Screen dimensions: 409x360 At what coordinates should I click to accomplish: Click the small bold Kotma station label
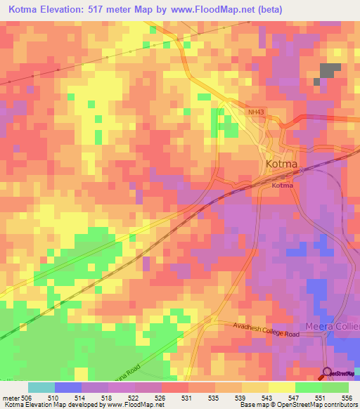click(282, 186)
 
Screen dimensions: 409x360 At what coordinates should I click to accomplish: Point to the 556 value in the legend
click(347, 398)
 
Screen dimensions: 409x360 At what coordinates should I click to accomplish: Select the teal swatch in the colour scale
click(41, 387)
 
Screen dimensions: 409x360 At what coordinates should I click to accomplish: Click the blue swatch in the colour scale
click(68, 387)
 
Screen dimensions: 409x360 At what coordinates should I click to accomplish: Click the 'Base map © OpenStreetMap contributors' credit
click(297, 405)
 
